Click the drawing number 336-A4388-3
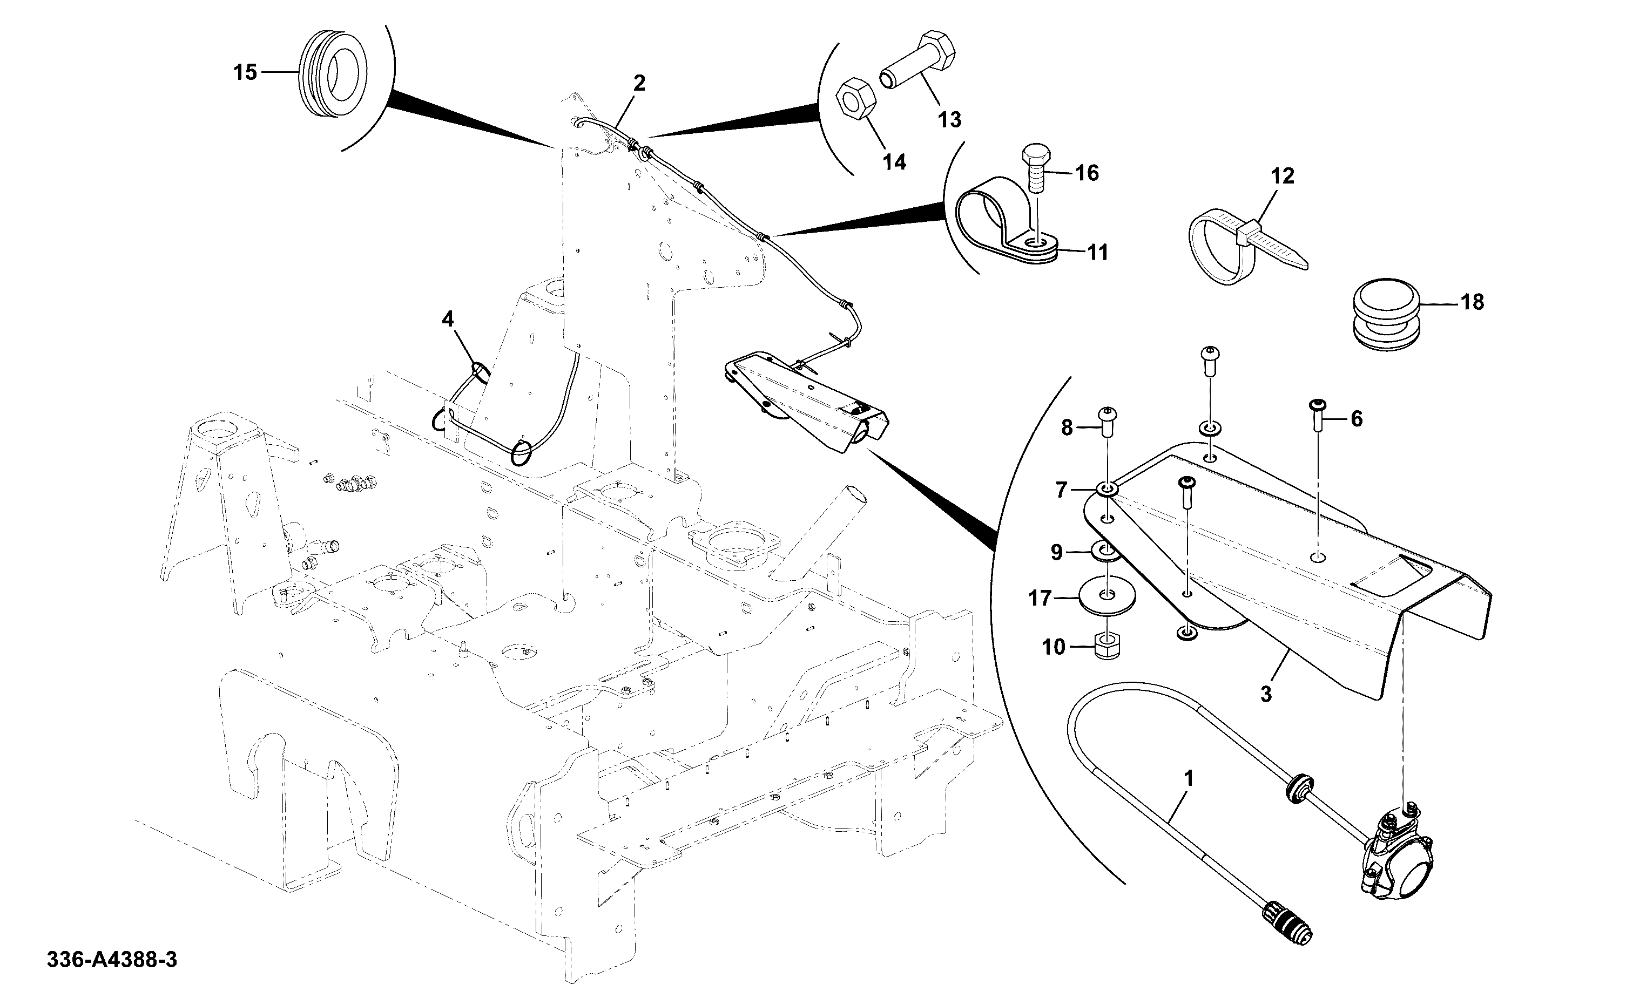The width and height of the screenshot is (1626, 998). (112, 959)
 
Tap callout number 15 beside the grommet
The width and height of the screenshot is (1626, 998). (245, 72)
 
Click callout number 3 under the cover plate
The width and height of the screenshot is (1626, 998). (1266, 694)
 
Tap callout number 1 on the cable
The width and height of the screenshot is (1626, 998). (1189, 779)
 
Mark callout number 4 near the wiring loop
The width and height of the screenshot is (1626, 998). (448, 320)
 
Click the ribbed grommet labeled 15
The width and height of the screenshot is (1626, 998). (334, 73)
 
